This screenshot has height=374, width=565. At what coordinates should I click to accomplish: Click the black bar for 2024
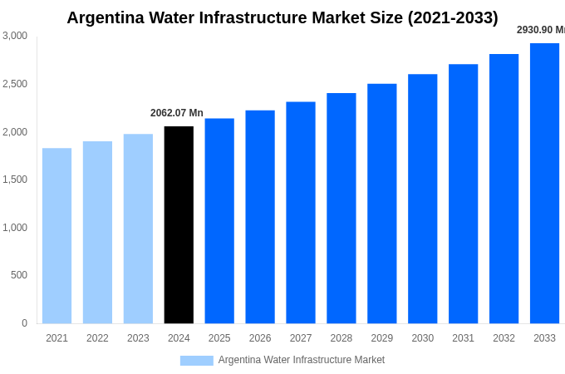click(179, 225)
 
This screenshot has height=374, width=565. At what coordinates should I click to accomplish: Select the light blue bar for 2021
click(56, 236)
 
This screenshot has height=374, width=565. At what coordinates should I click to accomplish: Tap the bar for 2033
click(544, 184)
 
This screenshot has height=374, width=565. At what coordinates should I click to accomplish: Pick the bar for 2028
click(341, 209)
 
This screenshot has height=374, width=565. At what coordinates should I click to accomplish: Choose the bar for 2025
click(219, 221)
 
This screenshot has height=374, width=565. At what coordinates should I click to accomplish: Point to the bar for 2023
click(138, 229)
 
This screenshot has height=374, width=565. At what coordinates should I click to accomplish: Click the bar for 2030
click(422, 199)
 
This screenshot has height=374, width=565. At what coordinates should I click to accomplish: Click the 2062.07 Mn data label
click(176, 113)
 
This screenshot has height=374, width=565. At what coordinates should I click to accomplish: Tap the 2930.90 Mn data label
click(541, 30)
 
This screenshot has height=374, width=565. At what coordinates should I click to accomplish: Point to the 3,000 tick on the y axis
click(15, 36)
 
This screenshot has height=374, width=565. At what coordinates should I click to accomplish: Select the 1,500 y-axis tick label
click(15, 180)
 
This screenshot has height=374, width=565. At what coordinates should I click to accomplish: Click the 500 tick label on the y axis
click(18, 275)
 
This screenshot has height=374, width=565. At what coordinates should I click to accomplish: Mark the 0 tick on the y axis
click(24, 323)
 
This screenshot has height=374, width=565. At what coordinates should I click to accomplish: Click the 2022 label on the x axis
click(97, 338)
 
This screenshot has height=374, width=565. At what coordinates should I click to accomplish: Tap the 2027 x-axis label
click(301, 338)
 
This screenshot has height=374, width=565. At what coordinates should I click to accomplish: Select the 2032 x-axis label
click(504, 338)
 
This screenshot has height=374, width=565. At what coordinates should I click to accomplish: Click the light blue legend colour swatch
click(196, 361)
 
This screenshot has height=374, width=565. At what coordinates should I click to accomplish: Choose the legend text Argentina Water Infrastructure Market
click(301, 360)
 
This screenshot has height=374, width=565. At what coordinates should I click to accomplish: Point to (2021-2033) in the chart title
click(452, 17)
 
